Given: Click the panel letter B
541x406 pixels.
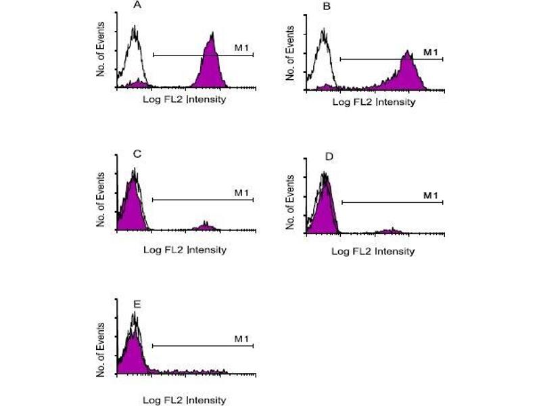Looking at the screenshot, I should coord(327,8).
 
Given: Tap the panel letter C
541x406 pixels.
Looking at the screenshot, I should coord(137,154).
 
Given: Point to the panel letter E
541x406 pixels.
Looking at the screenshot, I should coord(137,302).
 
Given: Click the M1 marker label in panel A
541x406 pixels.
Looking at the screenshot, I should coord(241,47).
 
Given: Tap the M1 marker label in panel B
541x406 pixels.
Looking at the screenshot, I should coord(431,51).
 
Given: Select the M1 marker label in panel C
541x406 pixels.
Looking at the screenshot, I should coord(241,193).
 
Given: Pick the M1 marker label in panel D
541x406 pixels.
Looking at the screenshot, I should coord(431,195).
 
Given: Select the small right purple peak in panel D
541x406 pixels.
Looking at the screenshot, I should coord(389,231).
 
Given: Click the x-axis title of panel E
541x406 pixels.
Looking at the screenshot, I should coord(185,399).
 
